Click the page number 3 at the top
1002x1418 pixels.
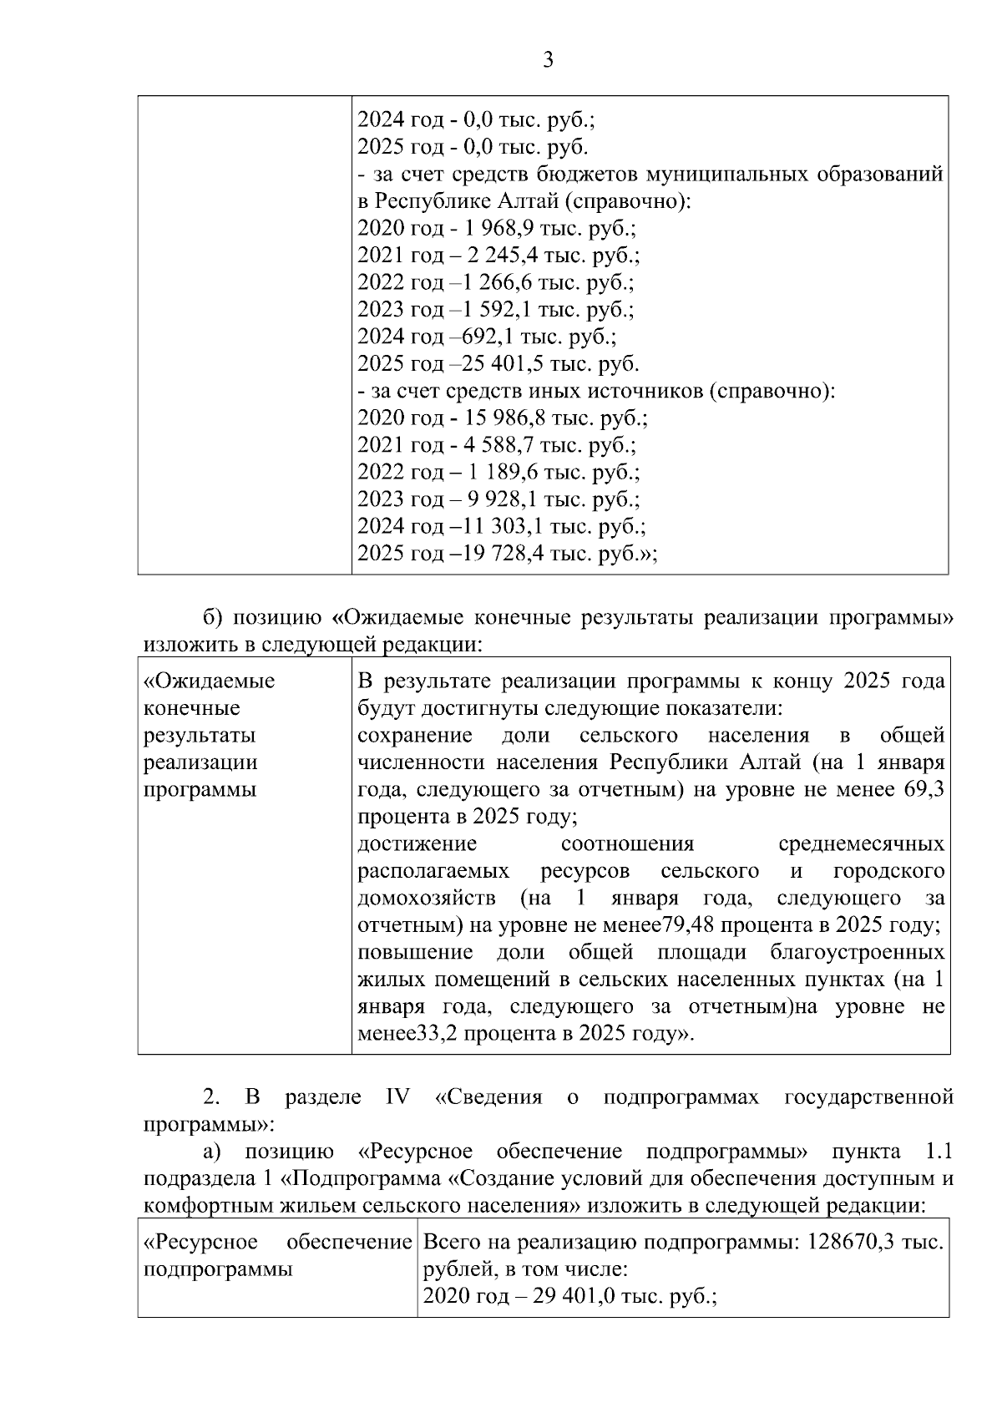click(548, 60)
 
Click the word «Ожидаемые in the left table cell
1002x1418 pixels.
click(210, 681)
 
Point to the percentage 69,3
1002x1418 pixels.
click(924, 789)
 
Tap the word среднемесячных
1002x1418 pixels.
click(860, 843)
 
